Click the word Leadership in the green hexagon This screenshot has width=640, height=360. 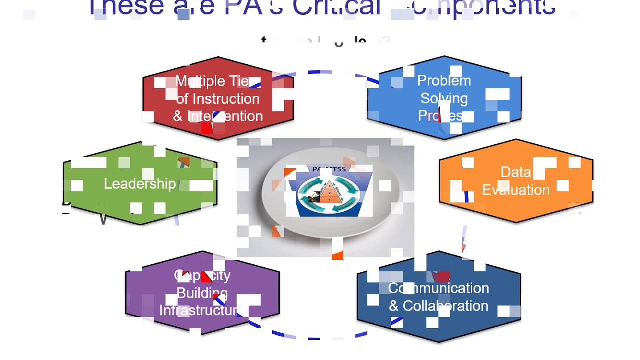click(139, 184)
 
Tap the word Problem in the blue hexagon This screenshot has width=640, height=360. click(444, 81)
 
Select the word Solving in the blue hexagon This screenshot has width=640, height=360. click(444, 98)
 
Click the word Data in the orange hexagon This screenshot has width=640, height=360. click(515, 172)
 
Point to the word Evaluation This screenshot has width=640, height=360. click(515, 190)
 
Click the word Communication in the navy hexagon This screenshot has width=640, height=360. click(438, 288)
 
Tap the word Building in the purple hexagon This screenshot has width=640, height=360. click(202, 293)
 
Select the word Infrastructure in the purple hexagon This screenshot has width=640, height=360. click(200, 310)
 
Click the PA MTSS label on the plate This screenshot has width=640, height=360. click(329, 169)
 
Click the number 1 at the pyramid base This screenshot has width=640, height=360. click(329, 199)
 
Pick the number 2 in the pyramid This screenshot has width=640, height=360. click(329, 193)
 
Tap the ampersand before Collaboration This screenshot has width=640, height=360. click(394, 306)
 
